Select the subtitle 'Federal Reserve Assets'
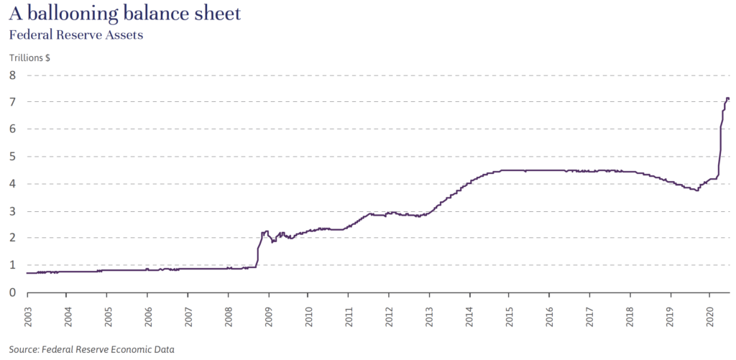pos(75,34)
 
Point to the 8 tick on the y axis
pos(12,75)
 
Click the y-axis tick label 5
pos(12,156)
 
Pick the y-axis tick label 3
pos(12,211)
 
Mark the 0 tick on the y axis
pos(12,292)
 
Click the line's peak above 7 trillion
pos(727,98)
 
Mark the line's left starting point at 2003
pos(27,273)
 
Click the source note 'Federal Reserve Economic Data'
pos(108,349)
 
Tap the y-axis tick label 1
pos(12,265)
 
